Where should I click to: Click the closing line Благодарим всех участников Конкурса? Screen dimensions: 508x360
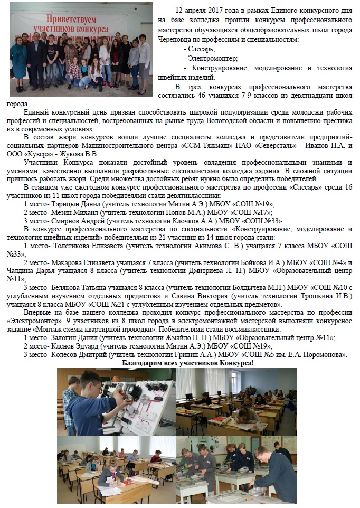coord(187,363)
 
